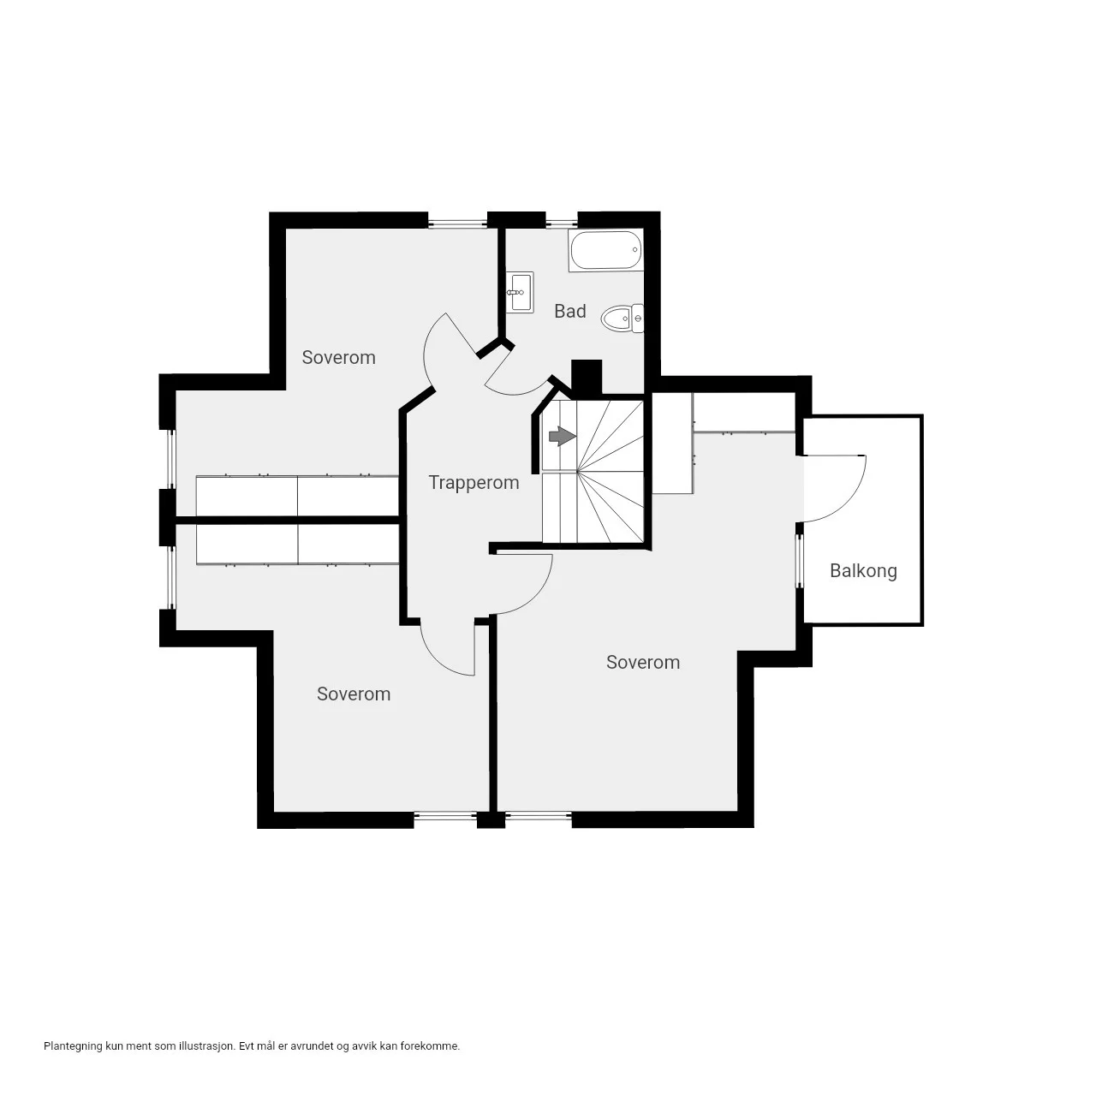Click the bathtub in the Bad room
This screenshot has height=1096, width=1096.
(605, 250)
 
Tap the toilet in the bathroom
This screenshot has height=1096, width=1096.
(622, 319)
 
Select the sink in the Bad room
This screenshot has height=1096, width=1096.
(521, 292)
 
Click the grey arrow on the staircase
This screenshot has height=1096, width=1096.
(563, 436)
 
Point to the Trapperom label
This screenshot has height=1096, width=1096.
(474, 482)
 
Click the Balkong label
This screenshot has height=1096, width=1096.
(863, 571)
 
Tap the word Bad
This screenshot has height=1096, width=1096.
(570, 311)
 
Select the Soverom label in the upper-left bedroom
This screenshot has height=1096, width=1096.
(338, 357)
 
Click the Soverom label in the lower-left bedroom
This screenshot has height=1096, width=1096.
(354, 694)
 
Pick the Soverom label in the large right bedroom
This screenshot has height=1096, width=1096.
(643, 662)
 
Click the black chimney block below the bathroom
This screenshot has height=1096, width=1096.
(587, 378)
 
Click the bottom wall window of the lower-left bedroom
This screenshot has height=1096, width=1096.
(445, 816)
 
